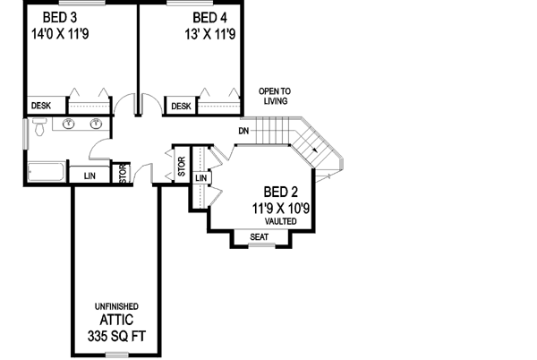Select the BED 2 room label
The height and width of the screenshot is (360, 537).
point(281,193)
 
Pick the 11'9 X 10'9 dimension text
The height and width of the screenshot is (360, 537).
point(281,208)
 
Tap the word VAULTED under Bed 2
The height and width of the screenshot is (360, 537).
point(281,220)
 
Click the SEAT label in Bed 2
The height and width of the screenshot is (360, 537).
point(260,237)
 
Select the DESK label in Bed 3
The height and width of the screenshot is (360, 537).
point(41,106)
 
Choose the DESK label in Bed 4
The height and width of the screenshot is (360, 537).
point(181,107)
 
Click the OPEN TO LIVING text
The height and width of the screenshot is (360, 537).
point(275,96)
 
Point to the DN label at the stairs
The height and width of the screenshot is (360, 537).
point(243,132)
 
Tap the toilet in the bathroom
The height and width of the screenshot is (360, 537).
point(38,130)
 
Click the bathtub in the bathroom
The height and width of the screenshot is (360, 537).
point(45,170)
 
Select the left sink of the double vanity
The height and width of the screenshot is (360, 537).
point(69,124)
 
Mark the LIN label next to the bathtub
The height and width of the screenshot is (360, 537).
point(89,175)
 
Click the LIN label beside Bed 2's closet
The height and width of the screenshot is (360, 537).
point(201,179)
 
